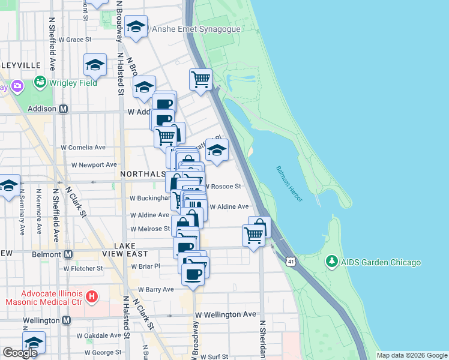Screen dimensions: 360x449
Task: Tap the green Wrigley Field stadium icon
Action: [x=41, y=82]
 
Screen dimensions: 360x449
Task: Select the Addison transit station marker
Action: [x=63, y=110]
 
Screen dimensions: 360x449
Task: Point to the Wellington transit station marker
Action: [x=65, y=320]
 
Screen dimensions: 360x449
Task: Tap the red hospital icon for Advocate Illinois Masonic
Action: [x=91, y=296]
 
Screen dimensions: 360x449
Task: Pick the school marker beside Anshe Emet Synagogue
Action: [x=136, y=27]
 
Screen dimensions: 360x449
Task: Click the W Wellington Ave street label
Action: [x=226, y=314]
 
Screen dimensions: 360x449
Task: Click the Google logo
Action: [x=20, y=353]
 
